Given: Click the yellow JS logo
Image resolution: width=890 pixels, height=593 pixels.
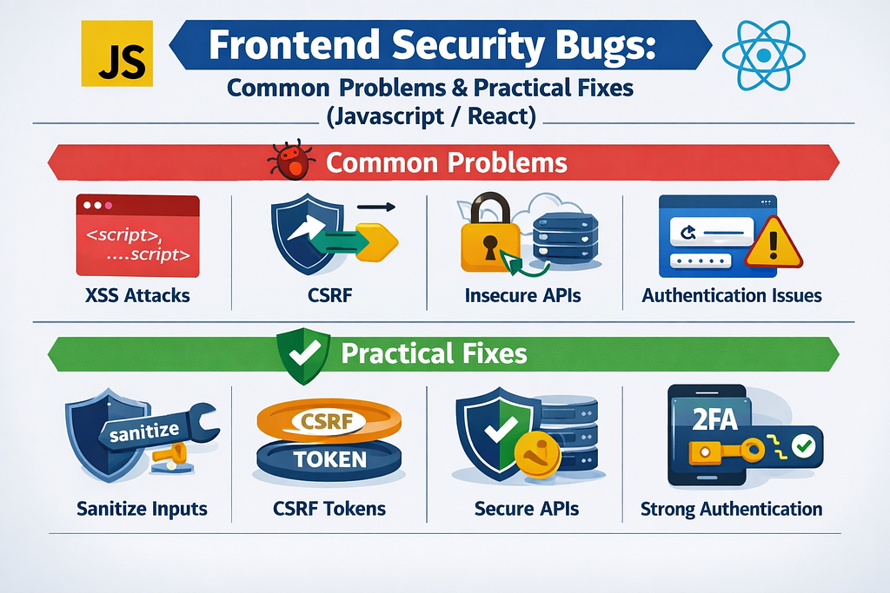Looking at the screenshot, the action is pos(117,53).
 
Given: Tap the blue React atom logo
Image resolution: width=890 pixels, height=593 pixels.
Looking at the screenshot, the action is pos(763,55).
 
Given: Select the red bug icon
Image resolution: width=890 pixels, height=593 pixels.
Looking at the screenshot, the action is pos(291,160).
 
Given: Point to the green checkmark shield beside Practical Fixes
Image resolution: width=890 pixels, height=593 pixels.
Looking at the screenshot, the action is pos(303,355).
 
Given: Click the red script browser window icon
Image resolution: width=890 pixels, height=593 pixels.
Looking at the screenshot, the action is pos(138,235).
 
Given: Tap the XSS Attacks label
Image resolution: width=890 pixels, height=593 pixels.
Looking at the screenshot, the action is pos(137,295).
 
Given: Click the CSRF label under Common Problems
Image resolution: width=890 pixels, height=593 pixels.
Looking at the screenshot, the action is pos(329,295).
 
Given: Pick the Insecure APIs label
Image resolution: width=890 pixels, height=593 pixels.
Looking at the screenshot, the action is pos(522,295).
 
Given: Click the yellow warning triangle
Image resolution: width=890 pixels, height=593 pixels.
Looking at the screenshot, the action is pos(773,242).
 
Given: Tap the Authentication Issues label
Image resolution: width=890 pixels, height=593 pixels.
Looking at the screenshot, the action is pos(732,295).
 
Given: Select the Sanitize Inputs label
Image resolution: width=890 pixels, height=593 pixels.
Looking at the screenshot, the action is pos(142,509).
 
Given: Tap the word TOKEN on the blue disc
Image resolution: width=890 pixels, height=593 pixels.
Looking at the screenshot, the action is pos(329,459).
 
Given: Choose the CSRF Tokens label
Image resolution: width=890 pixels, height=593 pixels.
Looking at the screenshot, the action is pos(329,509).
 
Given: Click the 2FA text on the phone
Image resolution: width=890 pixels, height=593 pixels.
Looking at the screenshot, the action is pos(714,419).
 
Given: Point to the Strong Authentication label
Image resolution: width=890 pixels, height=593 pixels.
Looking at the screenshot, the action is pos(731,509).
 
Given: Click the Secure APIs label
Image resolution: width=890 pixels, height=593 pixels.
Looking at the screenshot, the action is pos(527,509).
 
